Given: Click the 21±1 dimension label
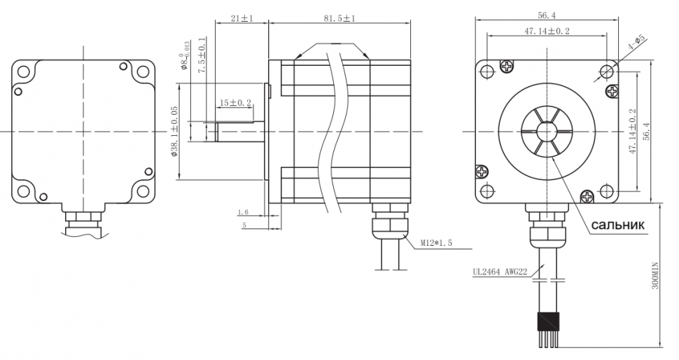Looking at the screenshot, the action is click(242, 18).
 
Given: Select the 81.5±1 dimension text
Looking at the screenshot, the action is click(339, 18).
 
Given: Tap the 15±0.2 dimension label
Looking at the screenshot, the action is click(236, 103).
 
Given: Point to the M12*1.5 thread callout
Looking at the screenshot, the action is click(436, 243).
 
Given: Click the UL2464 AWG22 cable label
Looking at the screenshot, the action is click(500, 272).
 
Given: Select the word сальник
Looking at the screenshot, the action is click(617, 225).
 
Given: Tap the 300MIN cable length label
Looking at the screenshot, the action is click(654, 275).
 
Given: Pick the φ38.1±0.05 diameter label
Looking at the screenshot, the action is click(174, 131).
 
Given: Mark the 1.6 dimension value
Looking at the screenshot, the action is click(243, 212).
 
